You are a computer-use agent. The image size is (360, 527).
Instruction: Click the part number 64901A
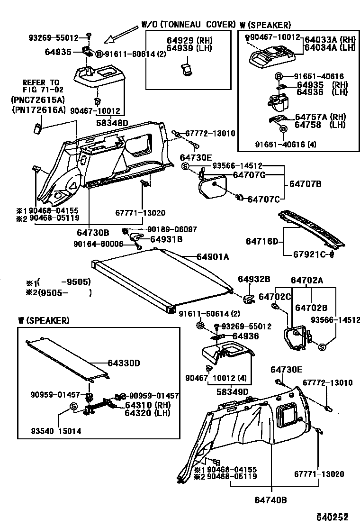click(213, 256)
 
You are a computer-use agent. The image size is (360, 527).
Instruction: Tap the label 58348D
click(112, 123)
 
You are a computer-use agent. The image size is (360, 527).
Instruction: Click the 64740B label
click(271, 499)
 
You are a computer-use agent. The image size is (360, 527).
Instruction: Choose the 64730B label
click(93, 233)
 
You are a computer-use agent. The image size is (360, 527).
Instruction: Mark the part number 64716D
click(262, 241)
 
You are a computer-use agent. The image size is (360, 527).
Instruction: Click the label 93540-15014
click(56, 431)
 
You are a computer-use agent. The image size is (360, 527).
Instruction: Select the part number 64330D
click(124, 363)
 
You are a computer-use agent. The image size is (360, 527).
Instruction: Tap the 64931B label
click(166, 239)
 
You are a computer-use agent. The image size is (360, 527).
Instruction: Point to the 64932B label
click(254, 280)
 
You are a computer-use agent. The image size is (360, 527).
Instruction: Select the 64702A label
click(307, 280)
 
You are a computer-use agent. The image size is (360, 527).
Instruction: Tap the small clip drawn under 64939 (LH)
click(188, 69)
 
